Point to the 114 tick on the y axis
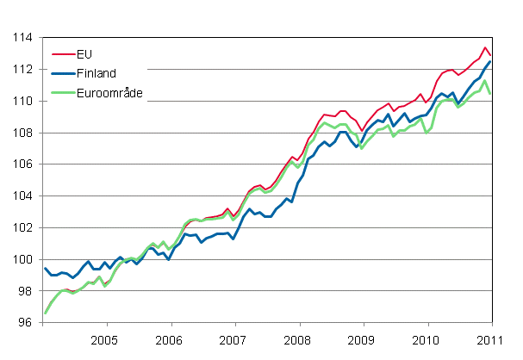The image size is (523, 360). (22, 38)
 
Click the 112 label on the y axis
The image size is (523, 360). (22, 70)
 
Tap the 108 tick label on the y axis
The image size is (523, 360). (22, 133)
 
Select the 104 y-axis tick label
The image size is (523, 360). (22, 196)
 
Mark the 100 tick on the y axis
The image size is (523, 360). (22, 260)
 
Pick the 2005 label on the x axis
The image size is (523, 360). (105, 338)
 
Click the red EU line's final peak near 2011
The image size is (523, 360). (486, 47)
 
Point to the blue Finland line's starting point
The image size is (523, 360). (43, 269)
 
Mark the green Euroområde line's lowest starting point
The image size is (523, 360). (43, 313)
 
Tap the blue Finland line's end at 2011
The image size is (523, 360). (491, 61)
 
